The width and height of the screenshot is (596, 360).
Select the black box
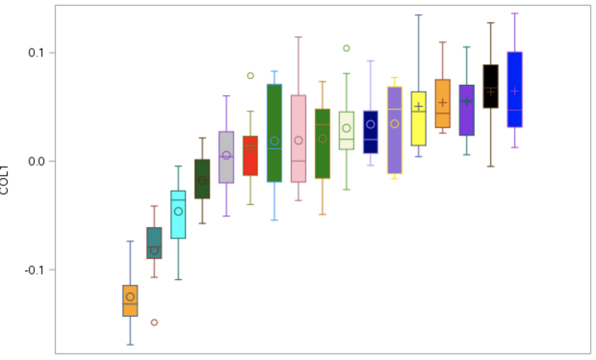[x=491, y=86]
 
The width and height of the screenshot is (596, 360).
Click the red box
[x=250, y=155]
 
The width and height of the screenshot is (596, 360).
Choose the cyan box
[x=178, y=214]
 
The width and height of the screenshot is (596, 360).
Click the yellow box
[x=418, y=118]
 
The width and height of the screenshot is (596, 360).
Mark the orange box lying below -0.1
[x=130, y=301]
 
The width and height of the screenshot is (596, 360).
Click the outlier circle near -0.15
[x=154, y=322]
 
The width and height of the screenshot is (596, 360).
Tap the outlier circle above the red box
[x=250, y=76]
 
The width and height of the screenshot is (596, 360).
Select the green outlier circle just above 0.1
[x=346, y=48]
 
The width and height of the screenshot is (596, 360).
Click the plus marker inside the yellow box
[x=418, y=106]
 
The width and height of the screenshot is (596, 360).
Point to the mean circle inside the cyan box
[x=178, y=211]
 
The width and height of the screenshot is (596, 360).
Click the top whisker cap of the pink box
[x=298, y=37]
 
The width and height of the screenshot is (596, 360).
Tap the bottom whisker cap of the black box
[x=491, y=167]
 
